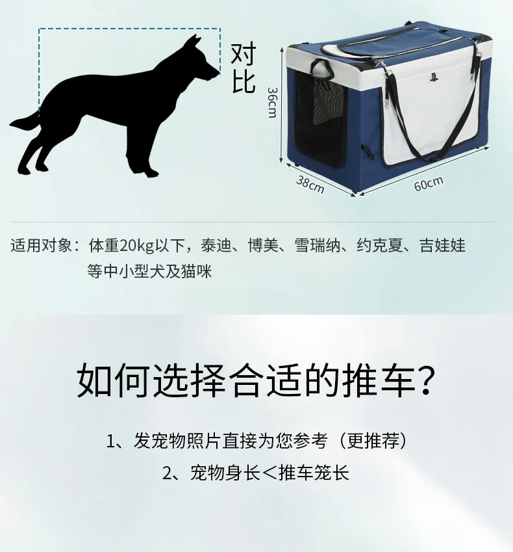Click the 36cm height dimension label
272,103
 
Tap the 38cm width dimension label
310,185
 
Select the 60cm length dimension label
429,183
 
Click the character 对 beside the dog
244,54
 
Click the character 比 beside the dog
244,82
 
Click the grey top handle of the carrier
321,69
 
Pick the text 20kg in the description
137,246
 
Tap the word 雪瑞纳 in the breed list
318,245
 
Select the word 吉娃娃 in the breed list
443,245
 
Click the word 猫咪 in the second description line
197,271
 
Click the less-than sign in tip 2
269,473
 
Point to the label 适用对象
41,245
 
